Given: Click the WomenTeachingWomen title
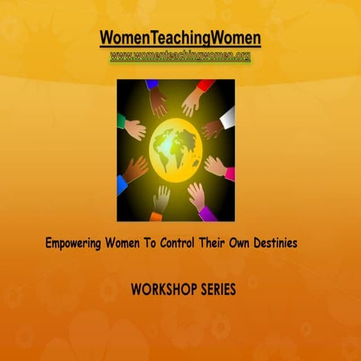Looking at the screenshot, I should click(180, 38).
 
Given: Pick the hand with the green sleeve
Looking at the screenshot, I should click(132, 128).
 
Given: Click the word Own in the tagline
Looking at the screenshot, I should click(241, 244).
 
